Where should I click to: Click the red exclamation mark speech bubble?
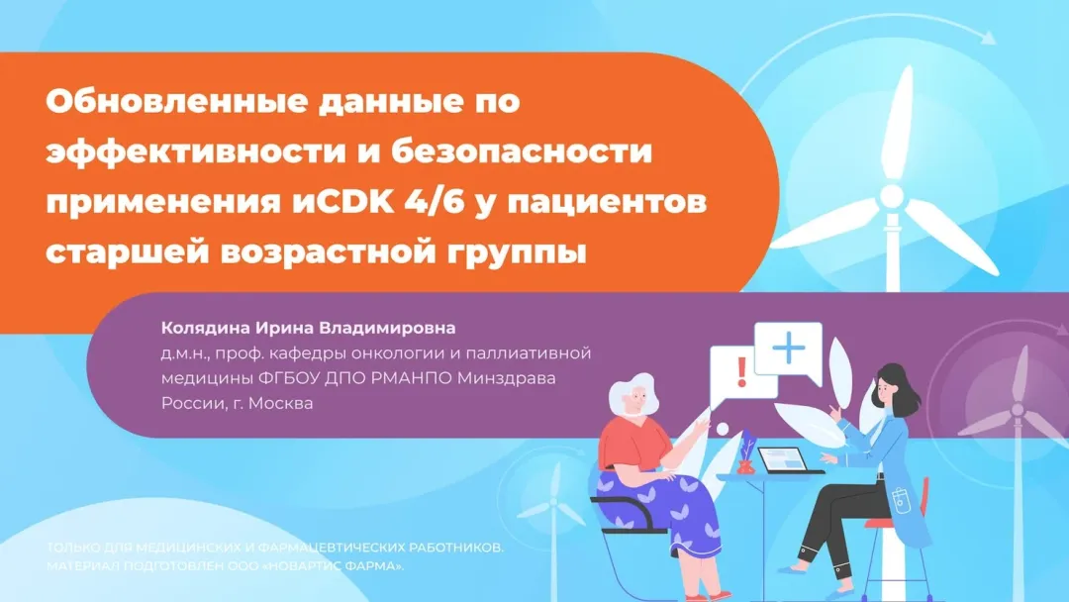click(x=740, y=373)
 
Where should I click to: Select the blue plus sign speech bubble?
click(x=789, y=350)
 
